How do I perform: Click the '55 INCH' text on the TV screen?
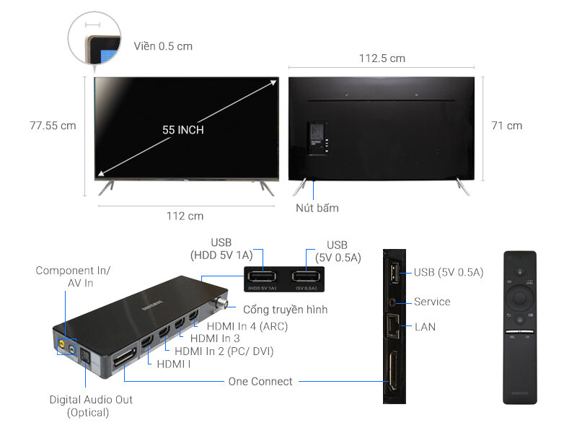[182, 130]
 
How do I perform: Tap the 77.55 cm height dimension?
[53, 126]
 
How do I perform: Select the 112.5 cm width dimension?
[382, 58]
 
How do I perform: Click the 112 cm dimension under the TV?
[185, 216]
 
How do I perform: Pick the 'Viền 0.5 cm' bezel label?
[163, 46]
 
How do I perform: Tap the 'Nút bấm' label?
[317, 208]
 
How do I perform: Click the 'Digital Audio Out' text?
[91, 399]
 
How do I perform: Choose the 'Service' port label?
[432, 302]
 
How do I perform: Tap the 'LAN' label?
[425, 327]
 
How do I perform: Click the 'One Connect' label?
[260, 381]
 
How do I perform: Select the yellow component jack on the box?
[62, 346]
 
